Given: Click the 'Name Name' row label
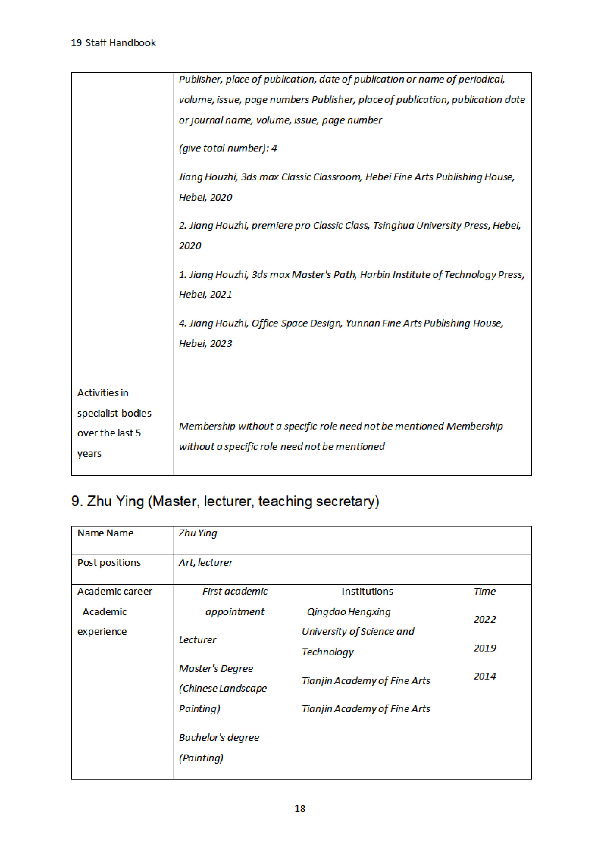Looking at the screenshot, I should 105,533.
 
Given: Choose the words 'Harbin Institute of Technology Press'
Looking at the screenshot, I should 442,275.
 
